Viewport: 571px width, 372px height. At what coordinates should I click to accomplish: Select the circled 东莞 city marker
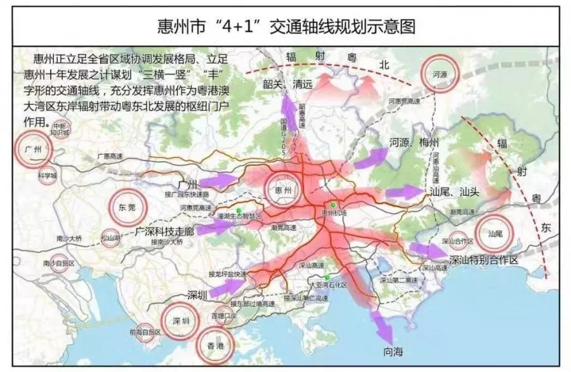[x=128, y=207]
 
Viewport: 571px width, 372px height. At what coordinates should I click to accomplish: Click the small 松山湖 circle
[x=111, y=238]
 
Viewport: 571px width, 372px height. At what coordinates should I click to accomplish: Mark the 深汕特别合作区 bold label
[x=484, y=260]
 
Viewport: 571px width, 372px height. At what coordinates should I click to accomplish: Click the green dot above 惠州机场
[x=332, y=205]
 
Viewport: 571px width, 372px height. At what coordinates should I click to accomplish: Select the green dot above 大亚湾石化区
[x=327, y=278]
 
